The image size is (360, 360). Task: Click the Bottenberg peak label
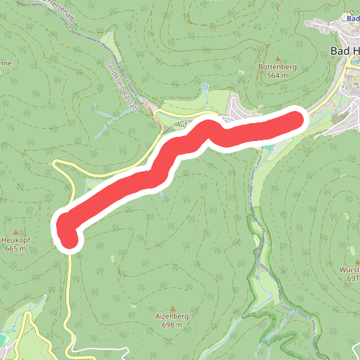tap(277, 66)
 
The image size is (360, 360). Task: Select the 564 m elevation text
tap(278, 74)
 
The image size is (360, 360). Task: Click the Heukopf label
tap(15, 240)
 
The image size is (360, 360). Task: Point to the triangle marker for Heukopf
tap(15, 232)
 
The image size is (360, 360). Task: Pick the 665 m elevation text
tap(15, 248)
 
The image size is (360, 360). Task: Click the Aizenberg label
tap(171, 316)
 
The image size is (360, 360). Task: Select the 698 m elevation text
tap(171, 325)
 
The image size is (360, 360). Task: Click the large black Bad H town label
tap(344, 51)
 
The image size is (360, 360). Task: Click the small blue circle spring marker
tap(204, 87)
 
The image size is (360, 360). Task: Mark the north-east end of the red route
tap(295, 120)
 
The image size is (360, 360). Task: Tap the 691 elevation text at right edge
tap(353, 278)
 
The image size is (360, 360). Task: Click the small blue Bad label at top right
tap(351, 30)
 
